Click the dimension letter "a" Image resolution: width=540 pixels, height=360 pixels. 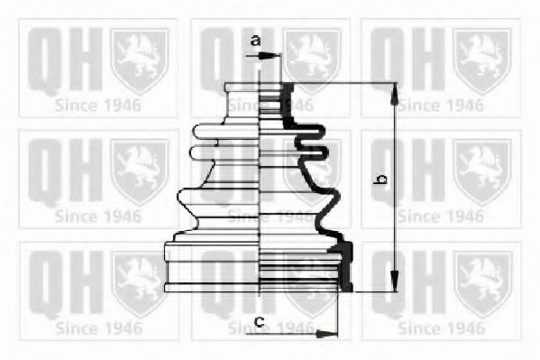[255, 40]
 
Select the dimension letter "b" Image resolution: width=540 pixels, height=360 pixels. [381, 180]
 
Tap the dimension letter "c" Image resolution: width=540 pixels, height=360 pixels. [258, 320]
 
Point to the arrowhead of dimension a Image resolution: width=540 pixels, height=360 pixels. [274, 56]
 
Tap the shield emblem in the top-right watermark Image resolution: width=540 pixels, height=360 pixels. [481, 60]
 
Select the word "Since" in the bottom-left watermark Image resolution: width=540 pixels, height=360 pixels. [77, 328]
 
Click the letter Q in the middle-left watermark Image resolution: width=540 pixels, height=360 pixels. [43, 171]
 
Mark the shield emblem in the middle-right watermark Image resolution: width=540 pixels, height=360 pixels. [481, 171]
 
